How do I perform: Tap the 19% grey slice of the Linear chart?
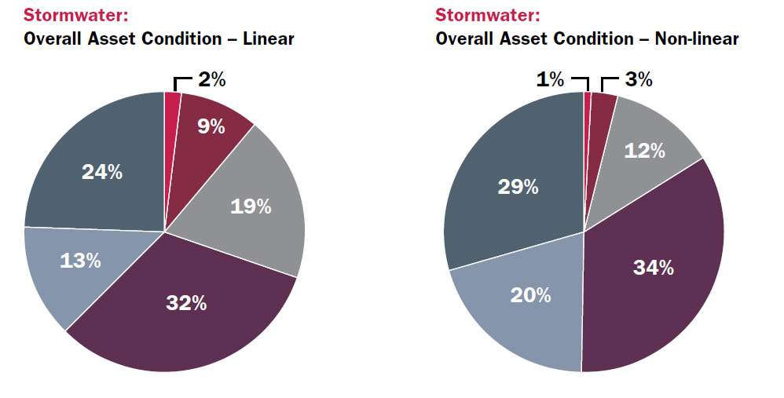[251, 206]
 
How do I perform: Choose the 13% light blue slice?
[80, 261]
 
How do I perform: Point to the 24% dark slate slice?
[102, 172]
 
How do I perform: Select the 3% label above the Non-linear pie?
[638, 79]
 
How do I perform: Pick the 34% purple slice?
[654, 268]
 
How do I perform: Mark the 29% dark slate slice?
[518, 187]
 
